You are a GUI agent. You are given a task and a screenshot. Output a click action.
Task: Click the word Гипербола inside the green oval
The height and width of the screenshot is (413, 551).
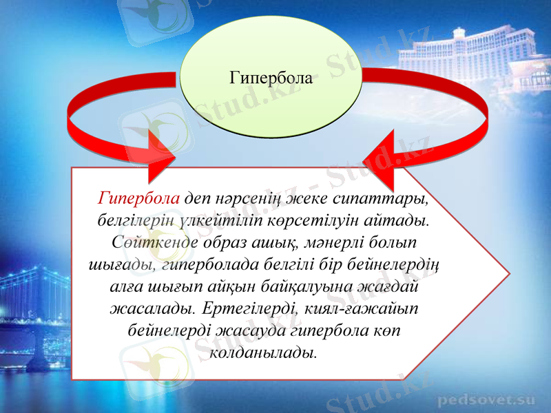[271, 77]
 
